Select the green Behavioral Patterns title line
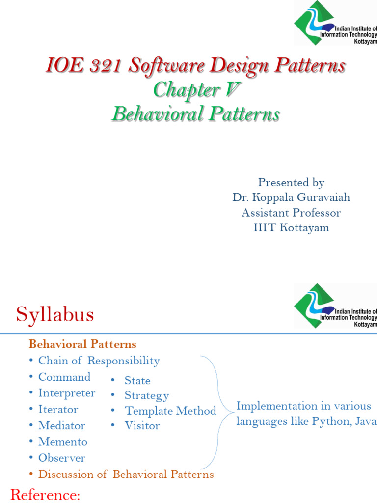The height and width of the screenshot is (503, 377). point(195,114)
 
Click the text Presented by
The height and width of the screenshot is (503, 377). point(291,183)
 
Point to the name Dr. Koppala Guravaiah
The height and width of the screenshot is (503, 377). point(291,197)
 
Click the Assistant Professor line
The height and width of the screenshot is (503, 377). point(291,213)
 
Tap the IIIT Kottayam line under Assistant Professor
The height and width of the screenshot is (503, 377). point(291,228)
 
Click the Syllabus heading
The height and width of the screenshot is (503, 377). point(54,315)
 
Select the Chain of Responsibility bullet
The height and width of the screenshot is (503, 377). point(99,361)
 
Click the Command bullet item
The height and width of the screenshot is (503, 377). point(64,377)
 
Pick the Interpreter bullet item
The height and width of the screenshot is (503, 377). point(67,393)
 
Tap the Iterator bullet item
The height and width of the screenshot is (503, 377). point(58,410)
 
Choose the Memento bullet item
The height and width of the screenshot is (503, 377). point(63,442)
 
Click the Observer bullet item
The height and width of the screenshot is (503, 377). point(62,458)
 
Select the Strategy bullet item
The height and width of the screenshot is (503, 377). point(146,396)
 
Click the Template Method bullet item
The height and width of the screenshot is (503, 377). point(170,411)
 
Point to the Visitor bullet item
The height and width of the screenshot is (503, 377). point(142,426)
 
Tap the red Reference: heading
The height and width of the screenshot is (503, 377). point(45,495)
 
